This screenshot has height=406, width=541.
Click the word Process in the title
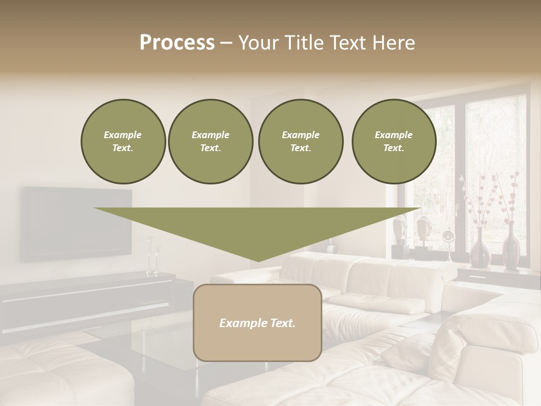click(177, 43)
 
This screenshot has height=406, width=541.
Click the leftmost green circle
click(123, 142)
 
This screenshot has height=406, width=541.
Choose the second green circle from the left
click(210, 142)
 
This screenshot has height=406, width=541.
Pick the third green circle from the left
click(300, 142)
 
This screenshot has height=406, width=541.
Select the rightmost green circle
click(393, 142)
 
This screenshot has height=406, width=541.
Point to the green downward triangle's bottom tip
click(258, 260)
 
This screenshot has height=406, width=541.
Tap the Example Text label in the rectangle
click(258, 323)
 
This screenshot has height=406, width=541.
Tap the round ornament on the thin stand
click(447, 237)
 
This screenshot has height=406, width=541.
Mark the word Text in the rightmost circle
click(393, 148)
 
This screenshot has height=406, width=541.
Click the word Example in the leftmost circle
click(123, 135)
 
